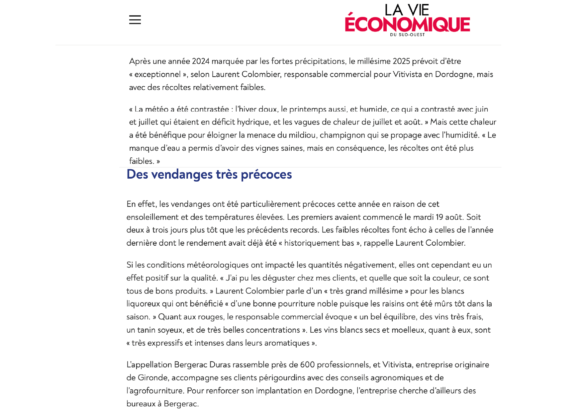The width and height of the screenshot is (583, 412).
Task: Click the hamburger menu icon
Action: point(135,20)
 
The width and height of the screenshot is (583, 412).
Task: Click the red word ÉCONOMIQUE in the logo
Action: point(407,24)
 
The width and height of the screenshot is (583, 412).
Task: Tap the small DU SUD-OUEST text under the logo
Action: point(407,35)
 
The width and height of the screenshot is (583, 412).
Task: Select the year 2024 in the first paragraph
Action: point(201,61)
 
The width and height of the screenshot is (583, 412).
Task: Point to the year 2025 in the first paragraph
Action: point(401,61)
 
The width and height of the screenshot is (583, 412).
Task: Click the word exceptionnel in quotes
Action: point(157,74)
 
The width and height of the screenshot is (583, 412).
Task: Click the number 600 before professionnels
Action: point(307,365)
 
